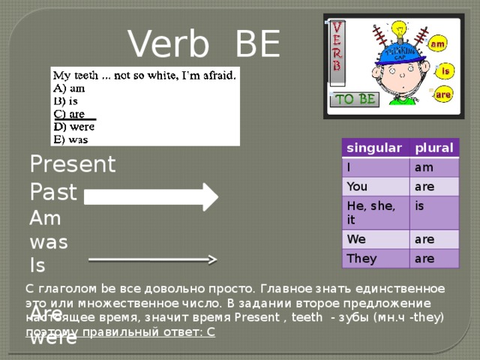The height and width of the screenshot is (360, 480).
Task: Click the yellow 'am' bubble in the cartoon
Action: (x=438, y=46)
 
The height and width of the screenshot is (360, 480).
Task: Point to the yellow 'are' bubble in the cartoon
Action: (x=443, y=96)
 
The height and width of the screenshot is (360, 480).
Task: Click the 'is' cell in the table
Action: (x=421, y=204)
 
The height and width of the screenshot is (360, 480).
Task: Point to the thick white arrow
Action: (x=150, y=197)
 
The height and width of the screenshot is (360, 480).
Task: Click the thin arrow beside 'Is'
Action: (x=153, y=259)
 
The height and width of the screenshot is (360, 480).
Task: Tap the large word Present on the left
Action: (x=72, y=163)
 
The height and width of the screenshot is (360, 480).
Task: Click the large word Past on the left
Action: (x=52, y=192)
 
